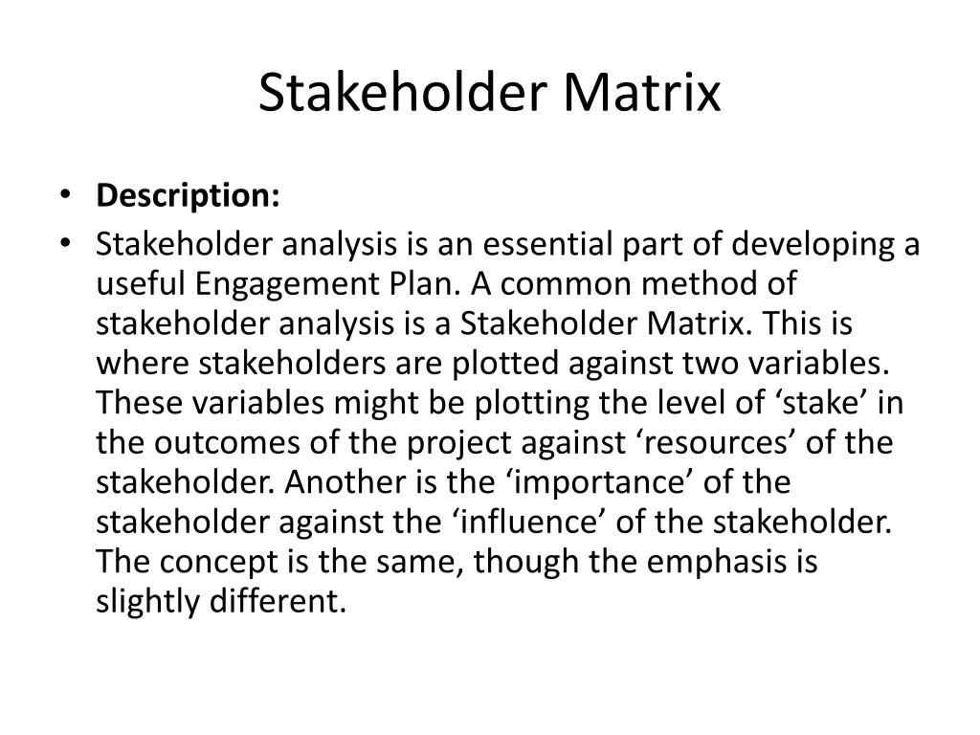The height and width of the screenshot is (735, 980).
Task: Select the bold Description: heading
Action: coord(188,196)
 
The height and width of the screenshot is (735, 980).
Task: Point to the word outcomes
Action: coord(218,444)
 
